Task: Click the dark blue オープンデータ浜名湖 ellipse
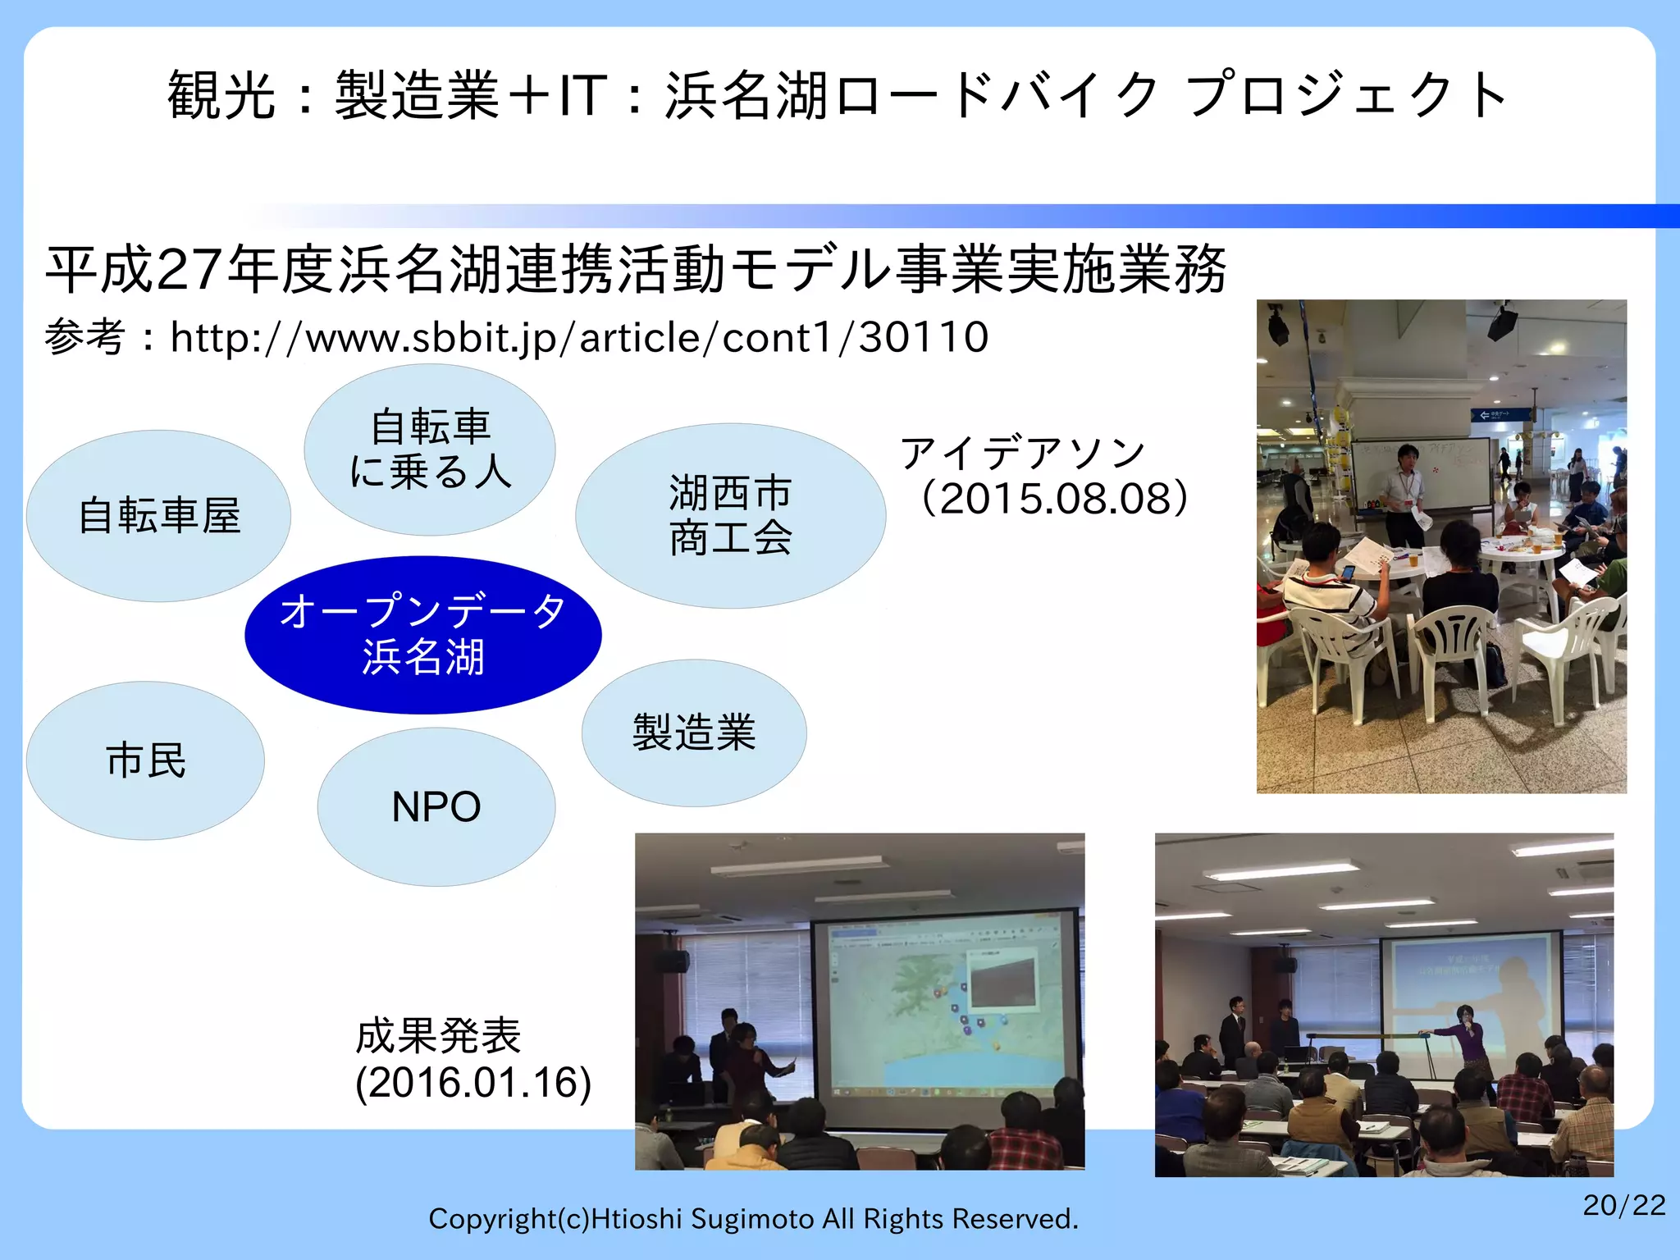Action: pos(422,633)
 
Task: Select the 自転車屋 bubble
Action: pos(158,516)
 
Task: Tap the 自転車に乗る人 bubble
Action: pos(430,450)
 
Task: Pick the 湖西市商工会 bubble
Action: pos(730,515)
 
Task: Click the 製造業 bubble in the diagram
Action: pos(694,733)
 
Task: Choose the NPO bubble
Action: pos(436,806)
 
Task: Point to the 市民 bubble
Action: pos(145,760)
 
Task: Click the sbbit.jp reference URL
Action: pos(579,338)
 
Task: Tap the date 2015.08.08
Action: pos(1054,499)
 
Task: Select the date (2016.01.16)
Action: pos(473,1083)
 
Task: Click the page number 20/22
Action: pos(1623,1205)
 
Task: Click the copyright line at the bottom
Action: pos(753,1219)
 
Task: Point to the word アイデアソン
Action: pos(1023,453)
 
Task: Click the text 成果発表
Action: pos(438,1035)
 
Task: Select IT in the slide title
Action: pos(582,96)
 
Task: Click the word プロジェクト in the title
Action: pos(1345,96)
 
